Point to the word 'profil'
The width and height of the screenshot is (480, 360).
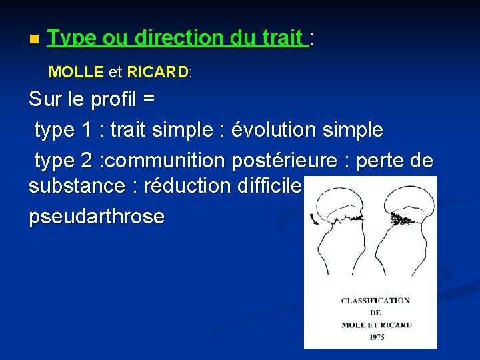pyautogui.click(x=114, y=100)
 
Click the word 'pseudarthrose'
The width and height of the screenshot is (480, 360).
pyautogui.click(x=97, y=217)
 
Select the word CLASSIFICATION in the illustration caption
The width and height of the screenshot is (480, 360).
pyautogui.click(x=375, y=301)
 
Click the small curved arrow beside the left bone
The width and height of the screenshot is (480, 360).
pyautogui.click(x=313, y=218)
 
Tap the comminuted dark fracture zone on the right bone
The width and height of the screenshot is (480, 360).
pyautogui.click(x=402, y=219)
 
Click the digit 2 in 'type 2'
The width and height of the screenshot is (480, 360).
pyautogui.click(x=86, y=160)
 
